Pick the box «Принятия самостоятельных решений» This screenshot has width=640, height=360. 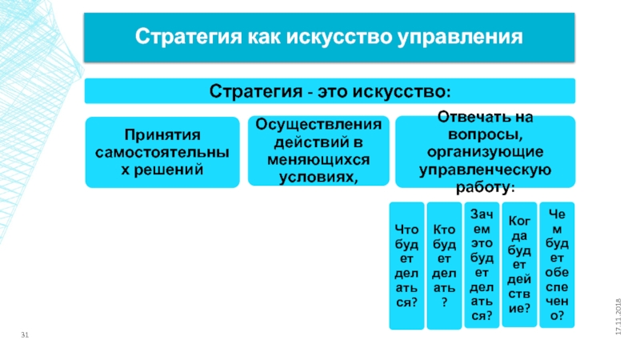tap(162, 152)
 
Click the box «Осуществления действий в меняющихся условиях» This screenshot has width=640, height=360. tap(318, 151)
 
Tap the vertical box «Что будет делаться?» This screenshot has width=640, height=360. tap(406, 266)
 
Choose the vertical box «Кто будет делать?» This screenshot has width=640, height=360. tap(444, 266)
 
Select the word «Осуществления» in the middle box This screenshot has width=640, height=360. tap(318, 125)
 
